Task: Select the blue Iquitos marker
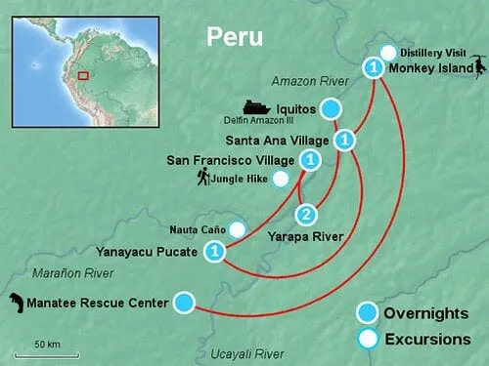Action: click(x=333, y=107)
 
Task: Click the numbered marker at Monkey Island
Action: click(x=373, y=68)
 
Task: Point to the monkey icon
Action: click(x=478, y=67)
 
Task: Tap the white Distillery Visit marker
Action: click(x=388, y=53)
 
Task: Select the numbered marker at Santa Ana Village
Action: click(x=344, y=140)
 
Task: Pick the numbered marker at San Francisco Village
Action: click(x=309, y=159)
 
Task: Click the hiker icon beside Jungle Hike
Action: click(x=203, y=178)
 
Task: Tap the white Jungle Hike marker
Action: click(x=281, y=179)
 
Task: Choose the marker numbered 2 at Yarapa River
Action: click(x=306, y=215)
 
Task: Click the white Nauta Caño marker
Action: click(x=236, y=230)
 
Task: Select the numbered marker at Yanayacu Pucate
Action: click(x=216, y=253)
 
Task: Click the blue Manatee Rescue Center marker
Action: click(x=184, y=303)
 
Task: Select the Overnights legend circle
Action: click(x=367, y=313)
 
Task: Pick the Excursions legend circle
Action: click(x=368, y=340)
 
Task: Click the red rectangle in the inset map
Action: click(x=83, y=74)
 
